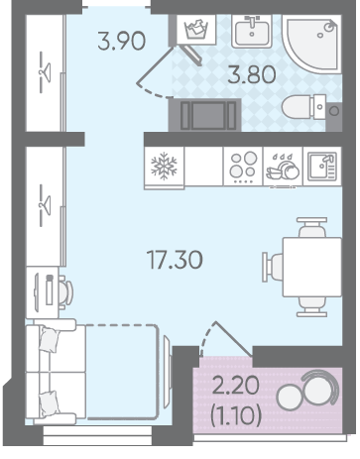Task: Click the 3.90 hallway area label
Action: pos(122,41)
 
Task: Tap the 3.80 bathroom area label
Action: pos(252,74)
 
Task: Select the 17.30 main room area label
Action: pos(175,260)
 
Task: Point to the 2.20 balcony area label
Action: pos(235,386)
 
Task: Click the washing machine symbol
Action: pos(196,30)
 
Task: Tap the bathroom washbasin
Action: pos(252,31)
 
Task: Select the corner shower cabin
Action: pos(312,44)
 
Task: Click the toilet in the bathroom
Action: pos(304,107)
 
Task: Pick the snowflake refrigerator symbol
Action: pos(164,167)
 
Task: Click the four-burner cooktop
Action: pos(243,167)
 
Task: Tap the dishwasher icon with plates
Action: pos(283,168)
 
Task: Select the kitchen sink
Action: pos(322,167)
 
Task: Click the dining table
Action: pos(312,267)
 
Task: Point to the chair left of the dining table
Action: pos(273,267)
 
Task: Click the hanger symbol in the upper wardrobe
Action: pos(45,72)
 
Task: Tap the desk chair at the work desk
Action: pos(66,292)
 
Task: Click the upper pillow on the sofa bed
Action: pos(50,340)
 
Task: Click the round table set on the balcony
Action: pos(307,390)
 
